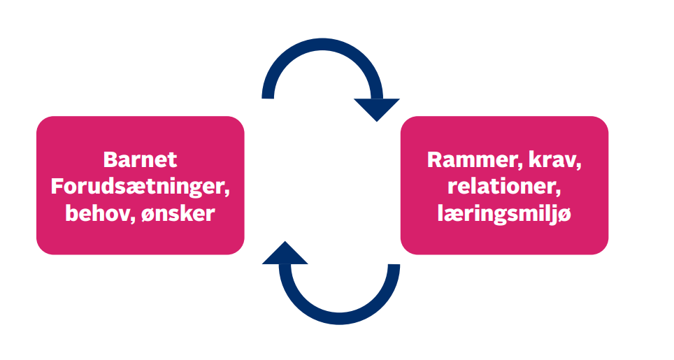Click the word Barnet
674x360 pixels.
(x=141, y=159)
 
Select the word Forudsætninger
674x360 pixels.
(x=141, y=187)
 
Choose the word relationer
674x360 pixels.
(x=503, y=187)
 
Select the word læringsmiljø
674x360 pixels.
(x=503, y=214)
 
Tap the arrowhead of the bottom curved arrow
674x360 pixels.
(x=285, y=254)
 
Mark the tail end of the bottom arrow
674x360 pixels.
(x=394, y=266)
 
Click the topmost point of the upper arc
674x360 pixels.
(x=322, y=43)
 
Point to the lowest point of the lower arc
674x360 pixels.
(x=339, y=319)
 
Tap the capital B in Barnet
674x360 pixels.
(x=110, y=159)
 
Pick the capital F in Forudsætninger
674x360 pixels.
(x=59, y=187)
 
